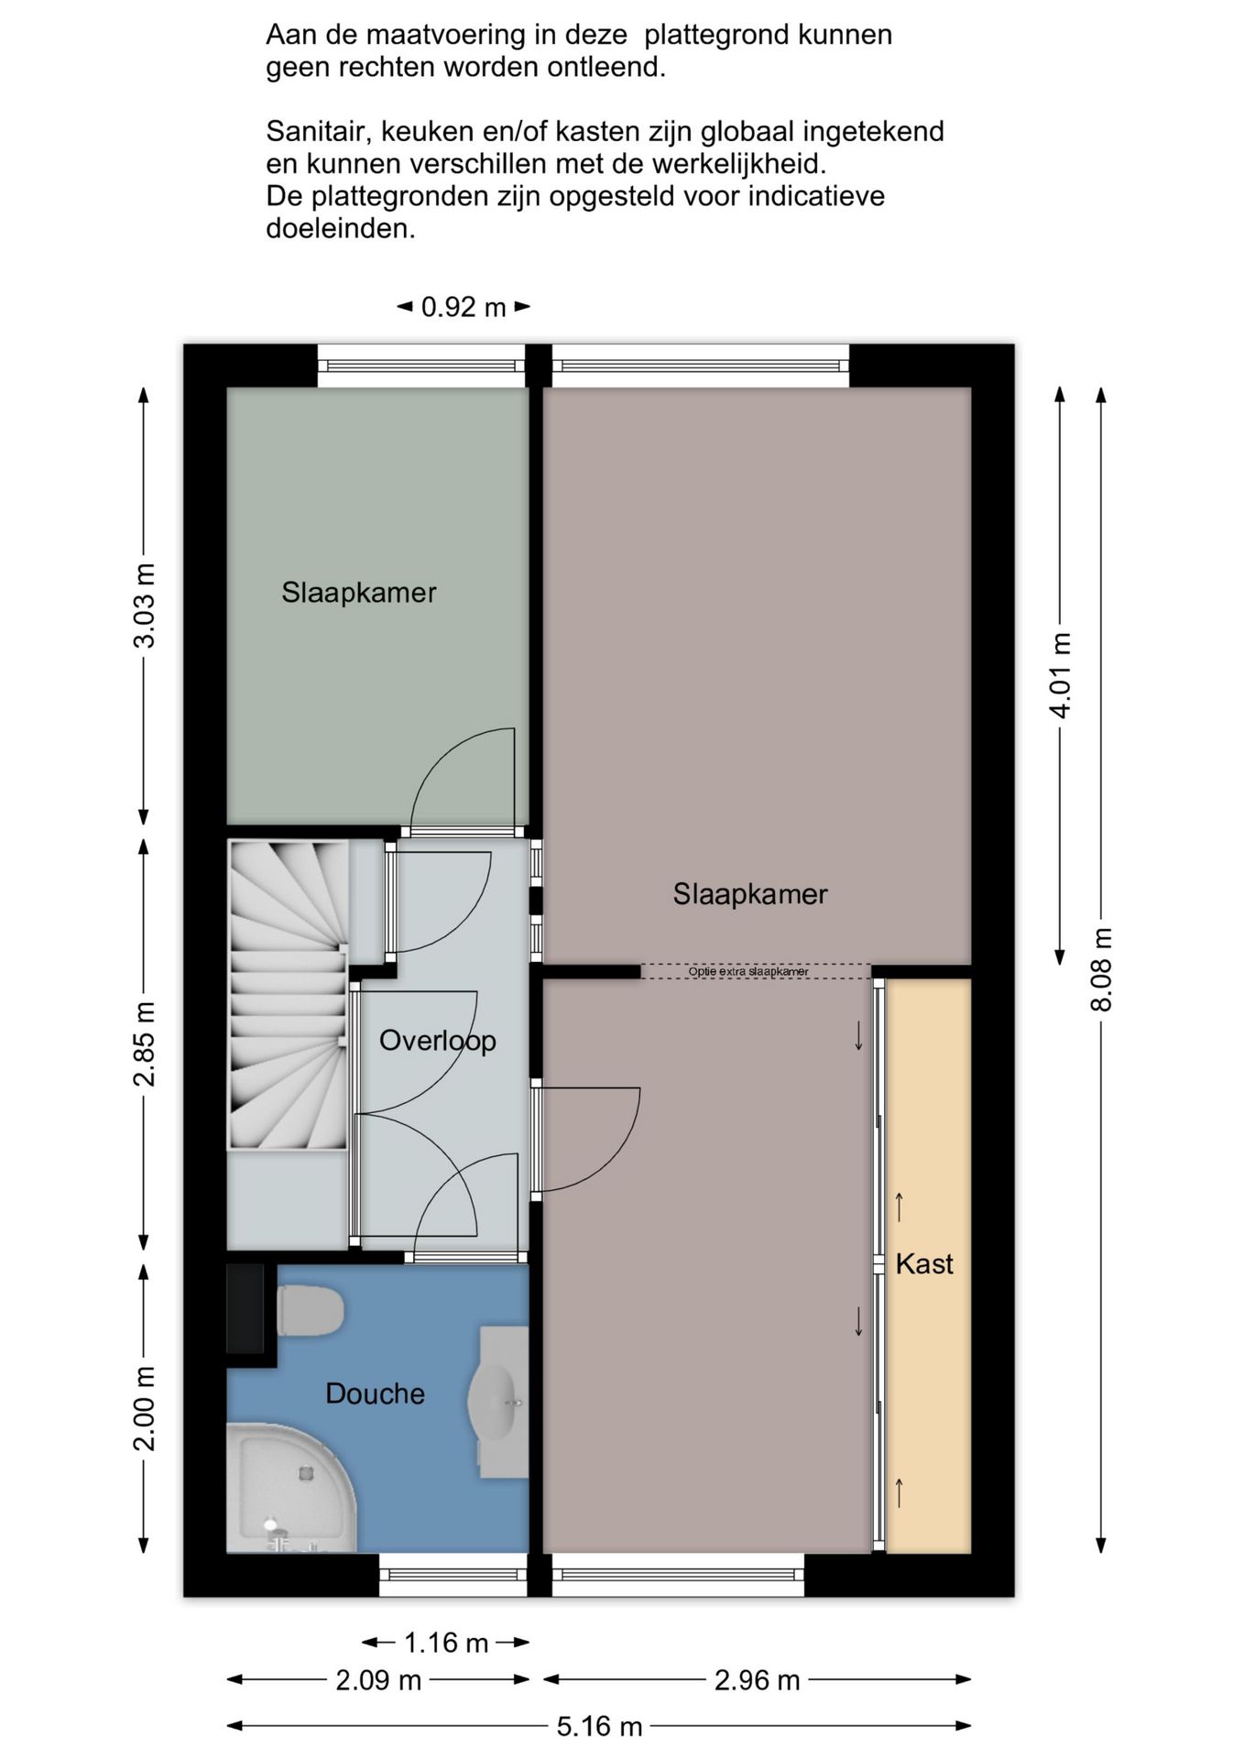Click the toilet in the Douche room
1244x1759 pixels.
[x=310, y=1310]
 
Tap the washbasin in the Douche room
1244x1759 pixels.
[x=498, y=1402]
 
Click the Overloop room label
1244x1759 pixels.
[x=438, y=1041]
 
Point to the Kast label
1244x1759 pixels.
[x=924, y=1264]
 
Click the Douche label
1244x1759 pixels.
[x=376, y=1394]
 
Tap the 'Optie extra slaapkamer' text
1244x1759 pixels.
[x=748, y=971]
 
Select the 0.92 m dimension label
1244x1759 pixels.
[x=464, y=308]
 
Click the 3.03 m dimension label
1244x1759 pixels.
[x=145, y=606]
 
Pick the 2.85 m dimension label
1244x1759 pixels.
[x=145, y=1044]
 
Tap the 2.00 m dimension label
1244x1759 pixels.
[x=145, y=1409]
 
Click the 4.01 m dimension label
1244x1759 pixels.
[x=1061, y=675]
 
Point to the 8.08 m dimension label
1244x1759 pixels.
[x=1102, y=970]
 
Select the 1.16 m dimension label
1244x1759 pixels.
[x=446, y=1643]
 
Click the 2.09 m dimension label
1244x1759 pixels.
[x=378, y=1680]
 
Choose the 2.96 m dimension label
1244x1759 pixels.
[x=758, y=1680]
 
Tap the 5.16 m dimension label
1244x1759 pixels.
[x=600, y=1727]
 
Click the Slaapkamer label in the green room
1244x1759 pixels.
[x=359, y=593]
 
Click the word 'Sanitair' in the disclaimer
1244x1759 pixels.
[x=316, y=133]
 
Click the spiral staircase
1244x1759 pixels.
[x=288, y=995]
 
